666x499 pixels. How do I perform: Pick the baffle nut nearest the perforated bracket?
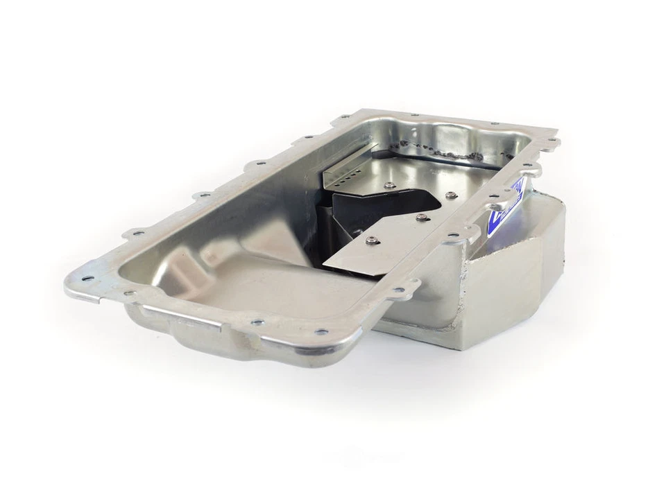click(388, 185)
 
